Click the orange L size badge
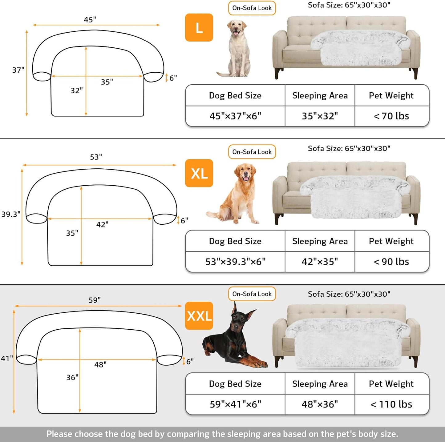tap(199, 27)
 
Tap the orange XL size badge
tap(199, 173)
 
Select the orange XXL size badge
tap(199, 316)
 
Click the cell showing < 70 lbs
tap(391, 116)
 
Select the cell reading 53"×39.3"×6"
tap(235, 262)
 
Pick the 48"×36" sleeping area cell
tap(320, 404)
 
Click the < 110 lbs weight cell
tap(391, 404)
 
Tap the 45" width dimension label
tap(90, 20)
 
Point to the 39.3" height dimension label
tap(11, 214)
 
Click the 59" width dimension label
tap(95, 300)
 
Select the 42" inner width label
tap(102, 224)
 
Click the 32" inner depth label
tap(77, 90)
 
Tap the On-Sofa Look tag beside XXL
tap(252, 294)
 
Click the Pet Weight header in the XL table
tap(391, 241)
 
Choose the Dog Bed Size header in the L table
tap(235, 95)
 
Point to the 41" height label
tap(7, 359)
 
